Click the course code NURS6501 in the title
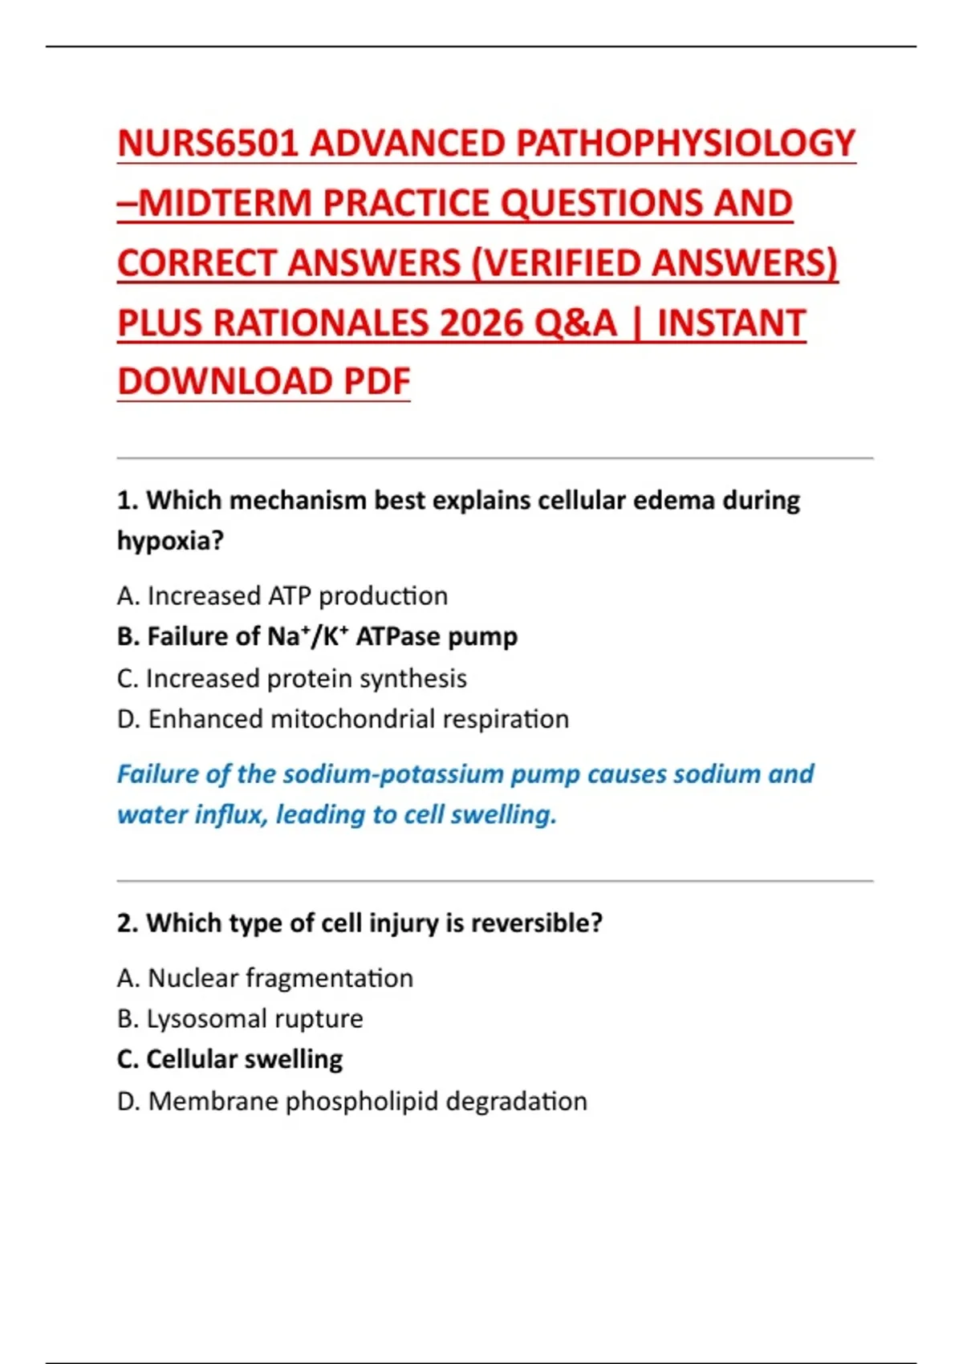pos(208,144)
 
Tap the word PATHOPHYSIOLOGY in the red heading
pos(685,144)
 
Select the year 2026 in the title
pos(481,323)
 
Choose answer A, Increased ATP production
pos(282,596)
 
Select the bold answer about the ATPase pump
pos(318,637)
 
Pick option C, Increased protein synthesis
pos(292,679)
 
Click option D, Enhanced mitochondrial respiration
pos(343,719)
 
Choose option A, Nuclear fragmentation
pos(266,979)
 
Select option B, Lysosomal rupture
pos(241,1019)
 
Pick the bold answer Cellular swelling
pos(230,1060)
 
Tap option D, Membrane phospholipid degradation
pos(352,1102)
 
